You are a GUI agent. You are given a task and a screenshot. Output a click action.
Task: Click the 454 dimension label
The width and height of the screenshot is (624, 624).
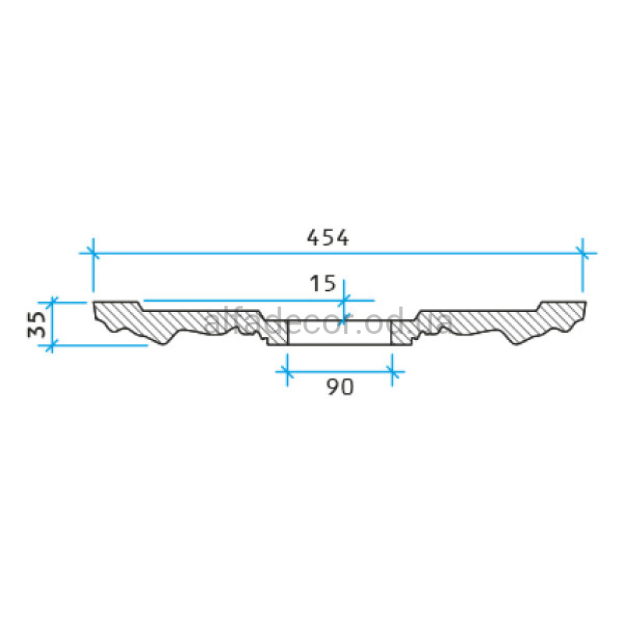pyautogui.click(x=328, y=238)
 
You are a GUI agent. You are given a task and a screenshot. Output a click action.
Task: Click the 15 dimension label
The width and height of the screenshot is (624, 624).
pyautogui.click(x=323, y=283)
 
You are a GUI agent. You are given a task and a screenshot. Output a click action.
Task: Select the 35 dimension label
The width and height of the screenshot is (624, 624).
pyautogui.click(x=37, y=324)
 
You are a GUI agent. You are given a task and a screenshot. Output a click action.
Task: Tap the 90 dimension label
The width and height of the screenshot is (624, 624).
pyautogui.click(x=340, y=386)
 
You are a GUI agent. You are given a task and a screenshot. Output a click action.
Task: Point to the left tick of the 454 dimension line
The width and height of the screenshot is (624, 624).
pyautogui.click(x=93, y=253)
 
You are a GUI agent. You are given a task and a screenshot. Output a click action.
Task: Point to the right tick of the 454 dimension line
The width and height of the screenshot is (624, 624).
pyautogui.click(x=582, y=253)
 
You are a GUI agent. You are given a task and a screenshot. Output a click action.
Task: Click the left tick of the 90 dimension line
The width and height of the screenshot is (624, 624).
pyautogui.click(x=287, y=372)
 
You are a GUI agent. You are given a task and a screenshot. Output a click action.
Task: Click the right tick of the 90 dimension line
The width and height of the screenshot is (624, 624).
pyautogui.click(x=392, y=372)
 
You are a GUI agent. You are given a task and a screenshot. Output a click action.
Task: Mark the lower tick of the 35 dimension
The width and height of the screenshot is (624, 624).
pyautogui.click(x=51, y=346)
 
